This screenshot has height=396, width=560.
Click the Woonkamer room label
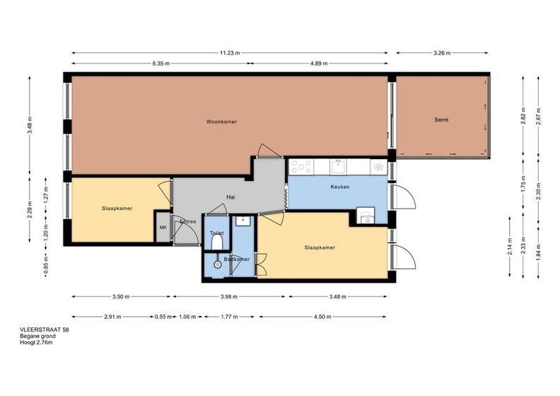pos(221,122)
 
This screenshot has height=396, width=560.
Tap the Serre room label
pos(441,120)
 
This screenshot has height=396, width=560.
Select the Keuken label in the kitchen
pos(339,187)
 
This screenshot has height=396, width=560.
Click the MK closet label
pos(163,228)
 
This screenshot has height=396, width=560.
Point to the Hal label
pos(231,197)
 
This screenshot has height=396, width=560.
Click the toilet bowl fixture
pos(217,243)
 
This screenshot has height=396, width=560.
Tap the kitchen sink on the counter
pos(338,167)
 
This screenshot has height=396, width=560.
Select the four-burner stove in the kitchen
pos(301,167)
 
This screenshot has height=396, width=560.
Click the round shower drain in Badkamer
pos(218,264)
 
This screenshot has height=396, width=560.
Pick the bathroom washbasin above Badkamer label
pos(245,221)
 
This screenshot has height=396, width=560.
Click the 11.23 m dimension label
pos(230,53)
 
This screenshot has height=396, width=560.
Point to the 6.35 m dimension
pos(161,64)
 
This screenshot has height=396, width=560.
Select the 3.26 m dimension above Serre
pos(442,53)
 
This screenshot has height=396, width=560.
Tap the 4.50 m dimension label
pos(322,317)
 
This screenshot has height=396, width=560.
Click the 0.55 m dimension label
pos(163,317)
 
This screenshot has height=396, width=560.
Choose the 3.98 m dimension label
pos(229,296)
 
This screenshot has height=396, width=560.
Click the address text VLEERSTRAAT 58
pos(45,330)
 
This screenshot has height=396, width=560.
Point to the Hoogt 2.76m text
pos(36,343)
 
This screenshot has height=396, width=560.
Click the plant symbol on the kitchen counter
pos(378,167)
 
